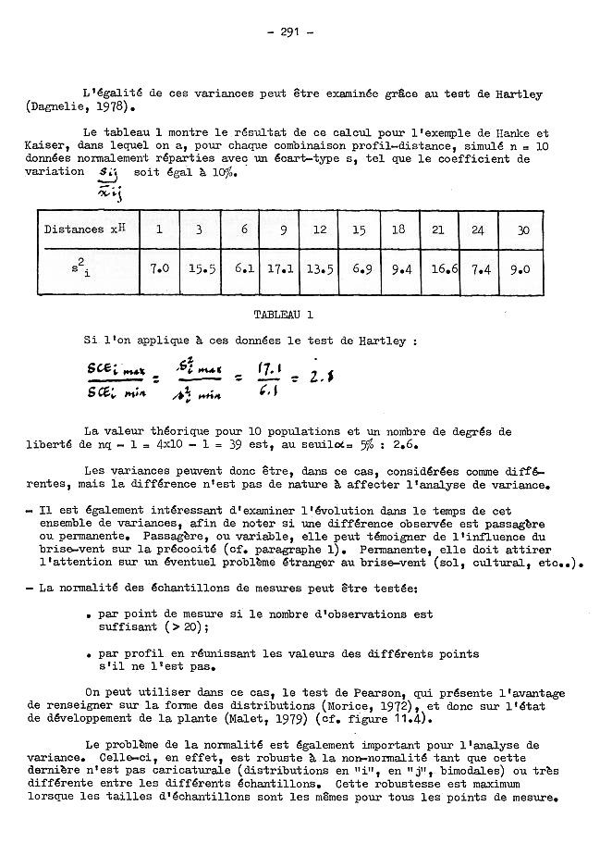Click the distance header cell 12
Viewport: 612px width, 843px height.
click(319, 229)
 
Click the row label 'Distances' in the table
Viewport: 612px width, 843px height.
click(73, 229)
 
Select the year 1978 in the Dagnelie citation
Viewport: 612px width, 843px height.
click(92, 108)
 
